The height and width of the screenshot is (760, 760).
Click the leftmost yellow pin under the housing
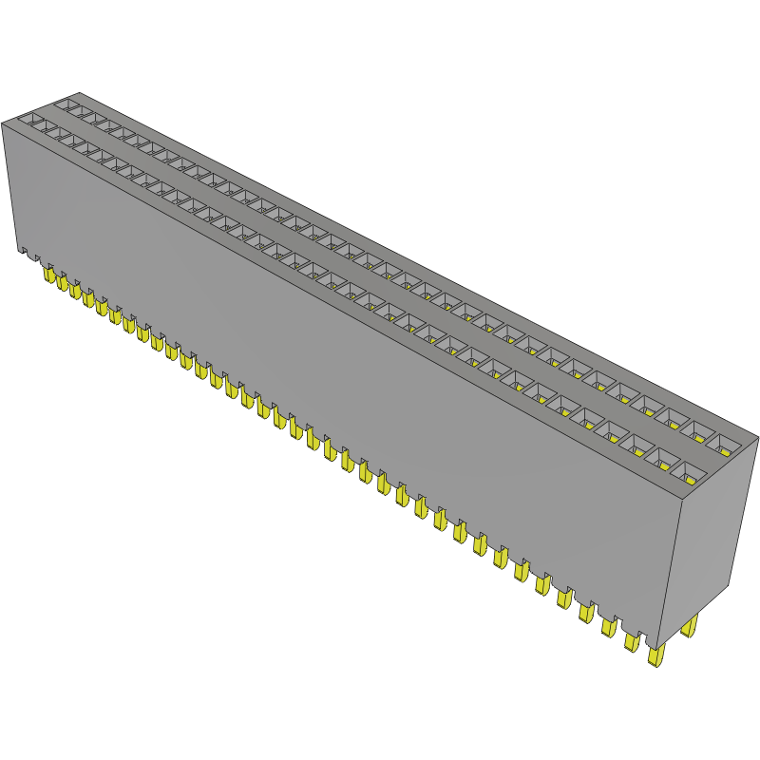48,275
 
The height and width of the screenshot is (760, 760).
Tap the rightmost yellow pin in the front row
655,655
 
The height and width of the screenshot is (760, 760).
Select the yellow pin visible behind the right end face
690,626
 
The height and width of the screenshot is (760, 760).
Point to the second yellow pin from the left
62,282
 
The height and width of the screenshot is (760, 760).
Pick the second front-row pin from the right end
632,641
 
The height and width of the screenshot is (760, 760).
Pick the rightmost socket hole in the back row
728,443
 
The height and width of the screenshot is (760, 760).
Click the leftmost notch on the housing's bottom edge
24,253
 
